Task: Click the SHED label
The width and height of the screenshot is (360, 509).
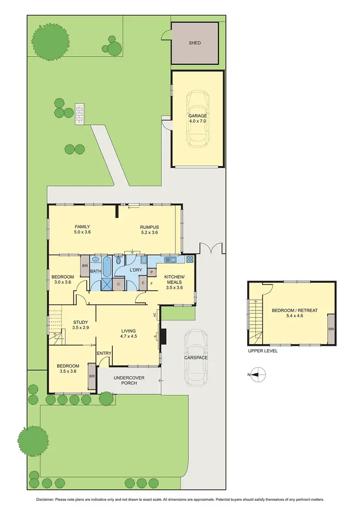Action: pyautogui.click(x=194, y=43)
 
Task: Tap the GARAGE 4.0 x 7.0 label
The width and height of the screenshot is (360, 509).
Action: pyautogui.click(x=198, y=119)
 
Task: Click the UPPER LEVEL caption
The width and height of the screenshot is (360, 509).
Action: pyautogui.click(x=263, y=351)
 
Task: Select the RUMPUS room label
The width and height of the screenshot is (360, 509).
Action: pyautogui.click(x=149, y=230)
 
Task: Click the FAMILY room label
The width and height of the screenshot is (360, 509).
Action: pyautogui.click(x=82, y=230)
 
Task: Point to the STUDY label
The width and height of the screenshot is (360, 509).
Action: pyautogui.click(x=81, y=325)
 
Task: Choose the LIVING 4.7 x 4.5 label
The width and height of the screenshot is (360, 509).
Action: pyautogui.click(x=128, y=333)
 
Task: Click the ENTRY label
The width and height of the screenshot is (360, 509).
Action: pyautogui.click(x=104, y=354)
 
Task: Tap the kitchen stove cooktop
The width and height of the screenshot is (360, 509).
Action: pyautogui.click(x=190, y=260)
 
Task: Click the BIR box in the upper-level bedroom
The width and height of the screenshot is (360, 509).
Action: pyautogui.click(x=331, y=329)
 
